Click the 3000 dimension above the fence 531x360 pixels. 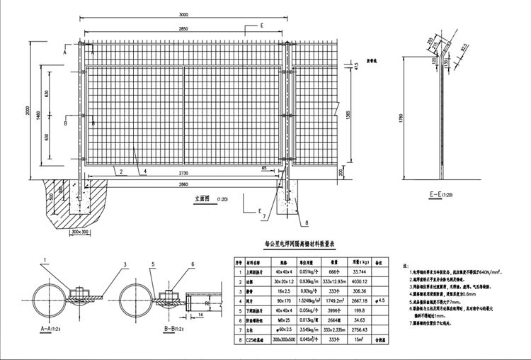pos(183,14)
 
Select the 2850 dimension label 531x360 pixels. pos(183,28)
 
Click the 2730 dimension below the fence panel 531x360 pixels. pos(183,173)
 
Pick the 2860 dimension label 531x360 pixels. pos(183,184)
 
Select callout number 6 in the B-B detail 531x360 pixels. pos(192,265)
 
